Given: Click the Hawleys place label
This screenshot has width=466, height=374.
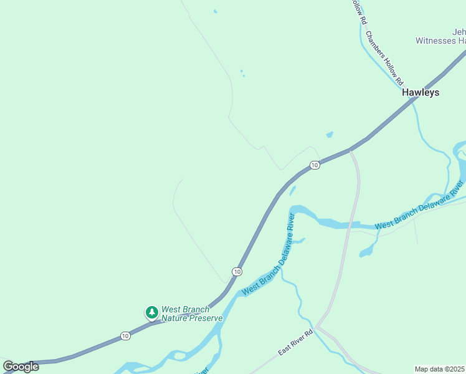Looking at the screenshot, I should [420, 92].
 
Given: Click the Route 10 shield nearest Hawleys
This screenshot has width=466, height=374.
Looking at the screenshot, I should [315, 165].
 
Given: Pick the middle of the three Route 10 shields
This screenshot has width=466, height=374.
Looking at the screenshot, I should [237, 272].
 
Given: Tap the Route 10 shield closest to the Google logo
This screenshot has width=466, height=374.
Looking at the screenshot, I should [125, 335].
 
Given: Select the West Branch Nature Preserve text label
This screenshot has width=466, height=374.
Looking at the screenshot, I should [191, 314].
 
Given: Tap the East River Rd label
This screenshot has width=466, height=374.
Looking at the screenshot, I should [295, 343].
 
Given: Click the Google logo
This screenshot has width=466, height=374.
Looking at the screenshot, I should [21, 367].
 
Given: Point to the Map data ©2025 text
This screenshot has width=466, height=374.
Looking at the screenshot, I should [440, 369].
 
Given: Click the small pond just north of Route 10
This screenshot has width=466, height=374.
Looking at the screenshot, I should [329, 134].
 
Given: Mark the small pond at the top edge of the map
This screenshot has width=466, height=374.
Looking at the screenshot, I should [215, 11].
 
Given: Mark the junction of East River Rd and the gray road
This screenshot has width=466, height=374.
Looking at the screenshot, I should [317, 327].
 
